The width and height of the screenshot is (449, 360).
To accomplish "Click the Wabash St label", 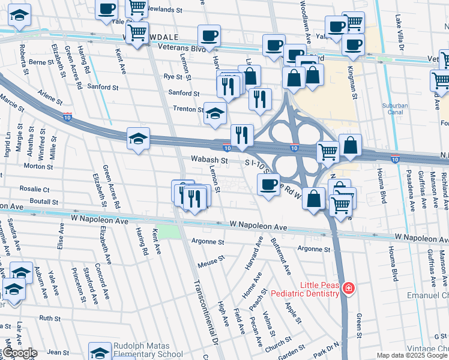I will (209, 161).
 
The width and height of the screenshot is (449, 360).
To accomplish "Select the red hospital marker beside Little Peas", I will (348, 290).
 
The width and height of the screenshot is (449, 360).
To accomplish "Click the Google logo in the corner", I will (19, 353).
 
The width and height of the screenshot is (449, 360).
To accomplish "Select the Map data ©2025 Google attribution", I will (412, 356).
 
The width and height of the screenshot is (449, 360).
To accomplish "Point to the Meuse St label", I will (211, 260).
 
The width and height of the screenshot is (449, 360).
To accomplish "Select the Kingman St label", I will (354, 83).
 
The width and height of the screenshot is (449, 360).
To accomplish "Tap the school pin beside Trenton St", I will (214, 113).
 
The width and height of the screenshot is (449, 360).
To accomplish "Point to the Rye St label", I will (173, 77).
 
